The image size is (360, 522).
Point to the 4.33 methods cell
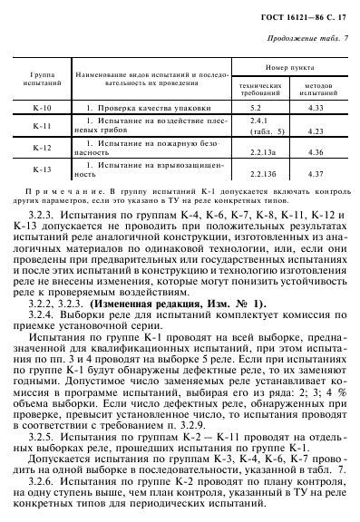tap(316, 108)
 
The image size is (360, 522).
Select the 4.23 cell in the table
tap(316, 132)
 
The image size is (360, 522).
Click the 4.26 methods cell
tap(316, 154)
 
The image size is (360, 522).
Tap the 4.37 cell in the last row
tap(316, 174)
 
